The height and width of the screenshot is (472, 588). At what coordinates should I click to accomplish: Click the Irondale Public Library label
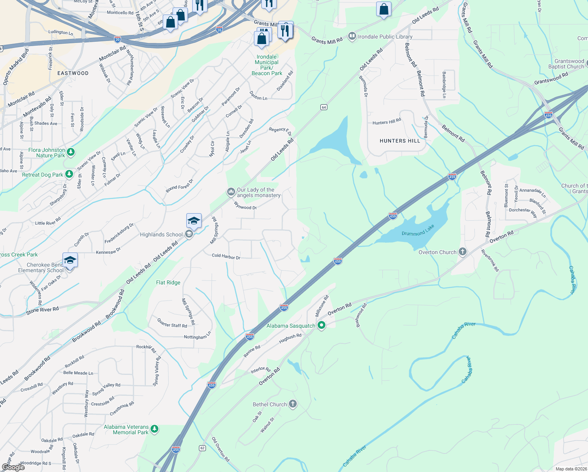[x=385, y=37]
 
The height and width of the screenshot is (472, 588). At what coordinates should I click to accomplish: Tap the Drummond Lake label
[x=418, y=230]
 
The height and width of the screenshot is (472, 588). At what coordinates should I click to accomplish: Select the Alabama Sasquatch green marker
[x=322, y=325]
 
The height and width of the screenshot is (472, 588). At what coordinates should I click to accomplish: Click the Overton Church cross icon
[x=463, y=252]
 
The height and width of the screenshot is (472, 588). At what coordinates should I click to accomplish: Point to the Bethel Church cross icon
[x=292, y=404]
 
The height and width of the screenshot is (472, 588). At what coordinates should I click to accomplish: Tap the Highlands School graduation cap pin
[x=194, y=221]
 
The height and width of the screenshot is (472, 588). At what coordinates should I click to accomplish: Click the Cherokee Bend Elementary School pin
[x=70, y=260]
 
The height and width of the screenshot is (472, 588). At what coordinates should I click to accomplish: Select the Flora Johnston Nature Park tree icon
[x=71, y=152]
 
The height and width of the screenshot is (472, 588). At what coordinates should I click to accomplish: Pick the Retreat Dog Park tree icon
[x=69, y=174]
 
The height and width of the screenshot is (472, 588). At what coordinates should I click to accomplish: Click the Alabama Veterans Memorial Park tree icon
[x=154, y=429]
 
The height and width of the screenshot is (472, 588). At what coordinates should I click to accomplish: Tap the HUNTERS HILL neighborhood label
[x=400, y=141]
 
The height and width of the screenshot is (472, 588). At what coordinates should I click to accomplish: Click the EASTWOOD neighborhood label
[x=73, y=73]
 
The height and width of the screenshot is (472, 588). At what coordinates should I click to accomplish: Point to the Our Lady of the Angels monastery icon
[x=231, y=192]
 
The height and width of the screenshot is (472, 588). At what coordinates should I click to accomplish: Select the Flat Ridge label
[x=168, y=282]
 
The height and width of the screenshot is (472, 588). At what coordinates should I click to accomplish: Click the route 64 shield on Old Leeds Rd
[x=324, y=107]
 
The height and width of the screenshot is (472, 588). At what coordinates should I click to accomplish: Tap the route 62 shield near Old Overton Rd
[x=202, y=448]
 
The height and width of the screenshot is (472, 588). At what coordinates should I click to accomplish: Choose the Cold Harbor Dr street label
[x=226, y=256]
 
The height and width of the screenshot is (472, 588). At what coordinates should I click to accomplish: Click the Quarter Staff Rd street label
[x=172, y=323]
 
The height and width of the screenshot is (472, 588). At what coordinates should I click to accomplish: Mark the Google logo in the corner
[x=13, y=467]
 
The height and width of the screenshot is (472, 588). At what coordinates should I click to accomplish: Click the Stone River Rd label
[x=42, y=310]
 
